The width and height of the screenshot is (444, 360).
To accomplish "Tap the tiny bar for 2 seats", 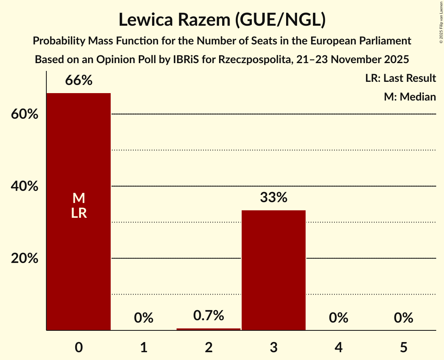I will [209, 329].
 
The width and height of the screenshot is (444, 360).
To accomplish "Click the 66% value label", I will [79, 81].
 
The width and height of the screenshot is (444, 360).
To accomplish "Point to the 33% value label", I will [274, 198].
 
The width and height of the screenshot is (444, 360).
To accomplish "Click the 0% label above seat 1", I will [143, 318].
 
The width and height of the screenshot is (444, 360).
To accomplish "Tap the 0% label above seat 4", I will [338, 318].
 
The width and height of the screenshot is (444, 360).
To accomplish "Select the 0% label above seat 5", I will [403, 318].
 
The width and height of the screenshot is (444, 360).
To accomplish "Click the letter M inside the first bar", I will [79, 198].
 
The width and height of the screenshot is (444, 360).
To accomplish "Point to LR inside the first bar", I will [79, 213].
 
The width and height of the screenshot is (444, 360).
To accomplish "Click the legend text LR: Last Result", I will [400, 78].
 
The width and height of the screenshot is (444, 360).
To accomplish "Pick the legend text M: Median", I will [410, 97].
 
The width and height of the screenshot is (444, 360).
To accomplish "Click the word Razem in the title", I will [201, 20].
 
